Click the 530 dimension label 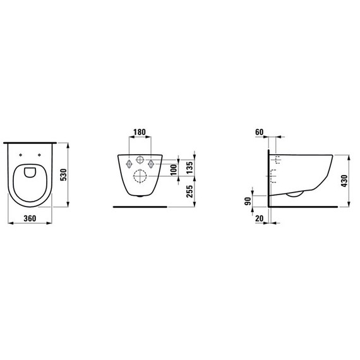[x=63, y=175]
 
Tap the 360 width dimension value [x=30, y=219]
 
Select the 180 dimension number [x=140, y=132]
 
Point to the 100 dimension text [x=174, y=170]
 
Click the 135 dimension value [x=189, y=168]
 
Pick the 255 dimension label [x=189, y=191]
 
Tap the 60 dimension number [x=259, y=132]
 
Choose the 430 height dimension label [x=344, y=181]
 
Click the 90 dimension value [x=248, y=201]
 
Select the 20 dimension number [x=259, y=219]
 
